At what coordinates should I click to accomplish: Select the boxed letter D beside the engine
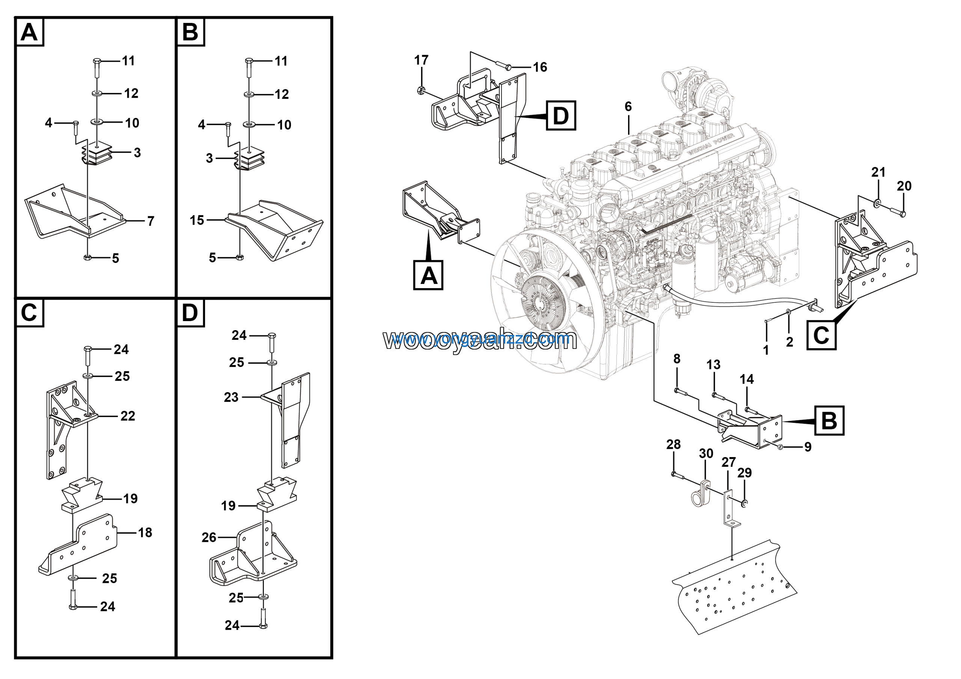[561, 116]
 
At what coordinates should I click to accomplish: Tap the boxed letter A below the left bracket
[428, 275]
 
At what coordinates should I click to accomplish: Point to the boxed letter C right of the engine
[821, 335]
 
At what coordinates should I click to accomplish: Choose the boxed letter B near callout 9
[829, 420]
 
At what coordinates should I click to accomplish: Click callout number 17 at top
[421, 60]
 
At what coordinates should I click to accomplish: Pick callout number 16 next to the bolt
[539, 67]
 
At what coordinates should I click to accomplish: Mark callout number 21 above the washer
[878, 172]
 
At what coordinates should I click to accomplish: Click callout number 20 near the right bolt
[904, 186]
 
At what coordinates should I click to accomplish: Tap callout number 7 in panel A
[151, 221]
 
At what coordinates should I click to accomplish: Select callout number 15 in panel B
[197, 220]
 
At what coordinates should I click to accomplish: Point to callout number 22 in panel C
[128, 416]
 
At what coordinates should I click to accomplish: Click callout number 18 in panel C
[145, 533]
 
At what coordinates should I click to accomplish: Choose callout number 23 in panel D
[231, 397]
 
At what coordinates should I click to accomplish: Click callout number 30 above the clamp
[706, 453]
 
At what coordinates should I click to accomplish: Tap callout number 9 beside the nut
[808, 447]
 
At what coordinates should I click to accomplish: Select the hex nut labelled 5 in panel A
[87, 258]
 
